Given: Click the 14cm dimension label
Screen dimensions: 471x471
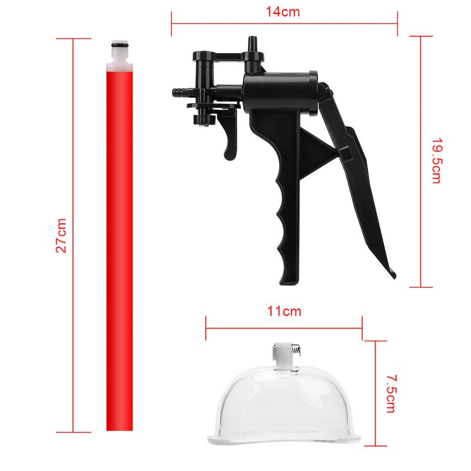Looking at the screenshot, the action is pyautogui.click(x=283, y=12).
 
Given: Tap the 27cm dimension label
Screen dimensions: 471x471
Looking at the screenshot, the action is pyautogui.click(x=61, y=235).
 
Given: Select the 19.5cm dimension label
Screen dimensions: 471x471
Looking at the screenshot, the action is pyautogui.click(x=436, y=161).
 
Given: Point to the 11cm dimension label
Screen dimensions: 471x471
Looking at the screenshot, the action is pyautogui.click(x=284, y=311).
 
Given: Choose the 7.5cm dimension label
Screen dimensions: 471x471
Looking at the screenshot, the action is pyautogui.click(x=391, y=393).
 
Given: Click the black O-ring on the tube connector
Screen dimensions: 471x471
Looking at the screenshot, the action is pyautogui.click(x=120, y=45).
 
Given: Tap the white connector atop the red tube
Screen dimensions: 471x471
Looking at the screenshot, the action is pyautogui.click(x=120, y=55).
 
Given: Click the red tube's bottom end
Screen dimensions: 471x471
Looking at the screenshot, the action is pyautogui.click(x=120, y=430).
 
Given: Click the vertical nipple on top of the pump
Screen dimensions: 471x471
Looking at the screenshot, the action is pyautogui.click(x=252, y=45).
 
